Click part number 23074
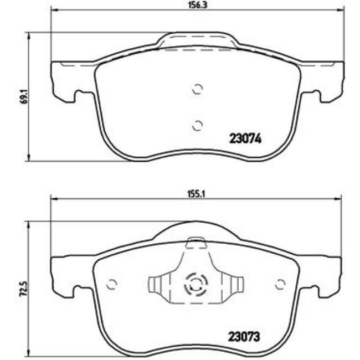245,140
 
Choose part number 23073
245,336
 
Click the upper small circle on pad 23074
197,89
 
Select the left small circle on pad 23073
112,284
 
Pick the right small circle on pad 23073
280,284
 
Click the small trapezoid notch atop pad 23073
196,241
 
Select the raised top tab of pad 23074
196,42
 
